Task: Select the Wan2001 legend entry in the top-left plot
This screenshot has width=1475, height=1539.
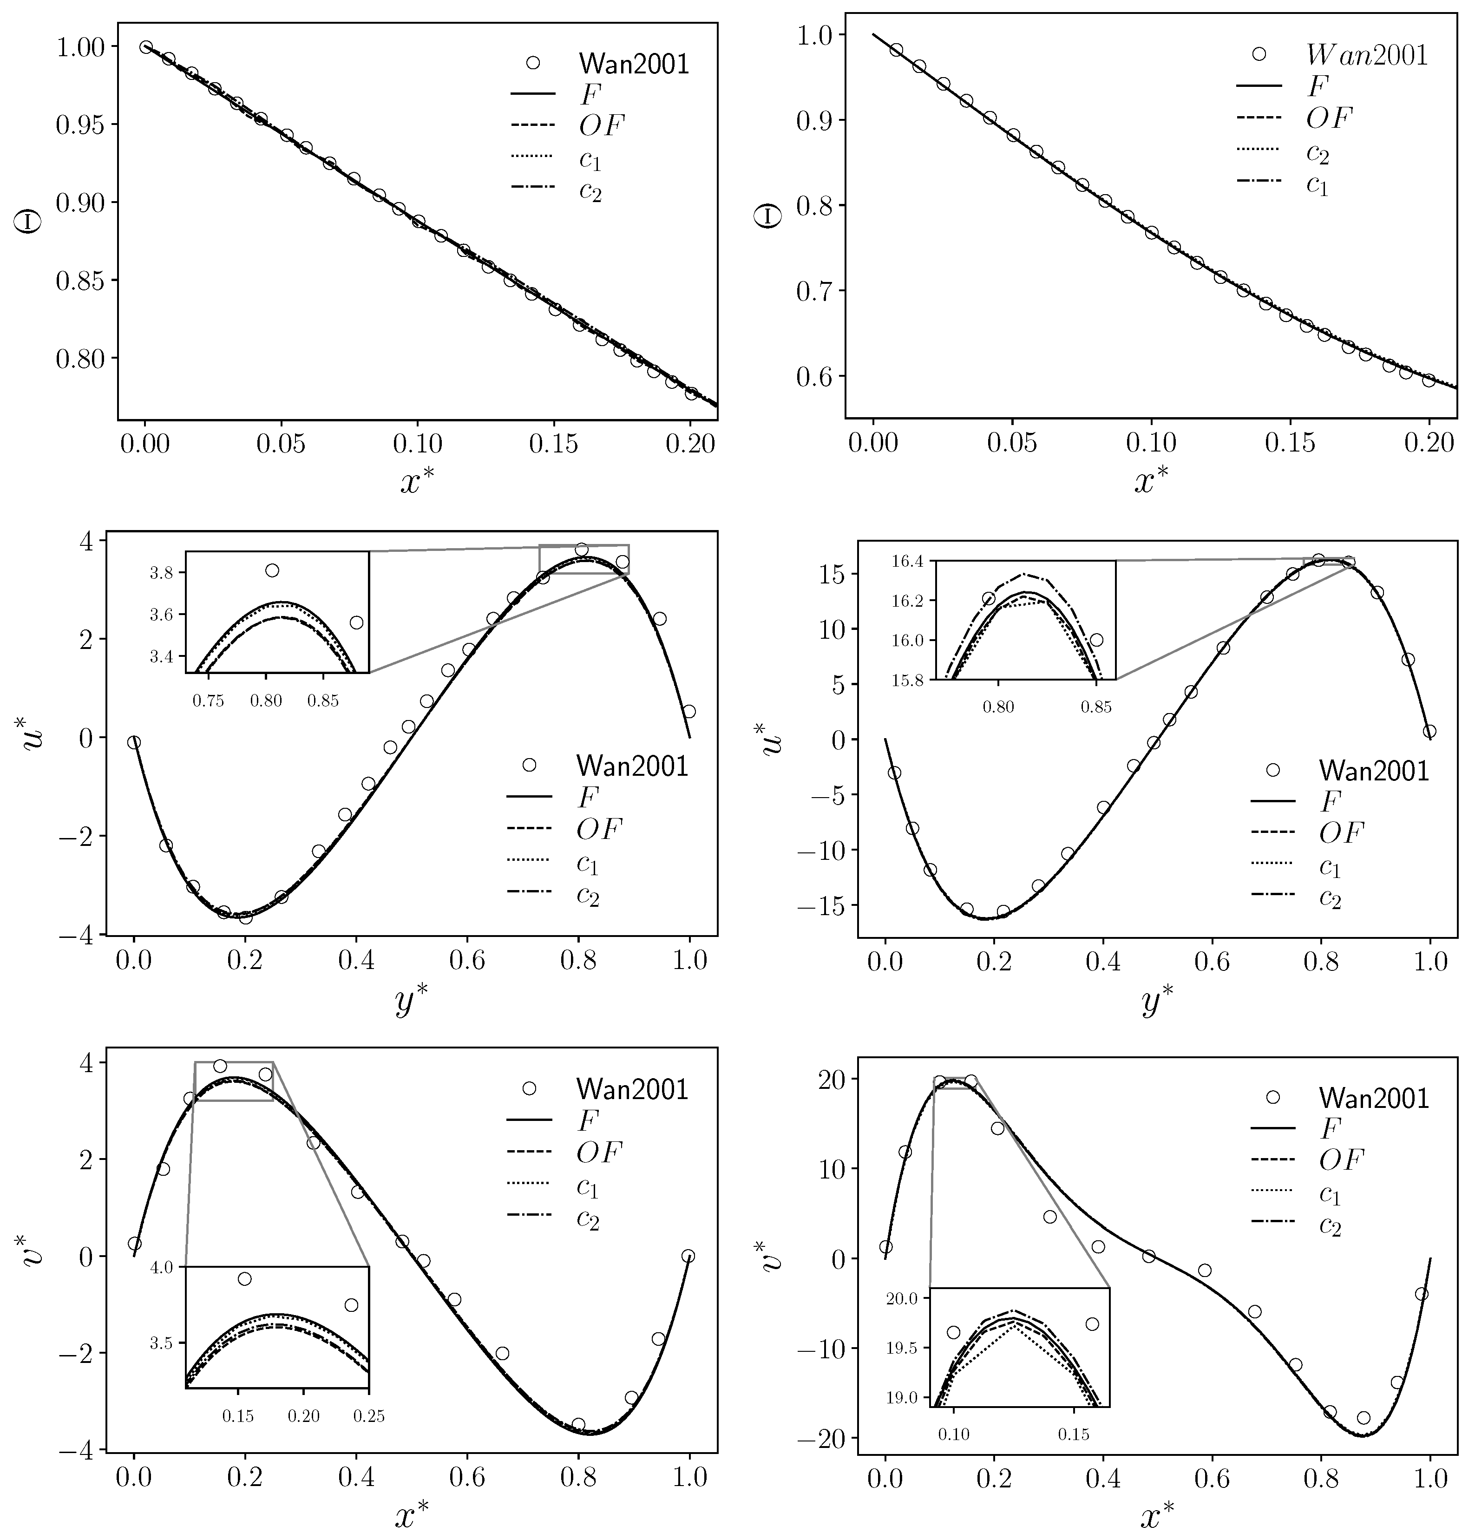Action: [633, 64]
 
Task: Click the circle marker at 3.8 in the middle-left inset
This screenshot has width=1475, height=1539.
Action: [272, 570]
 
